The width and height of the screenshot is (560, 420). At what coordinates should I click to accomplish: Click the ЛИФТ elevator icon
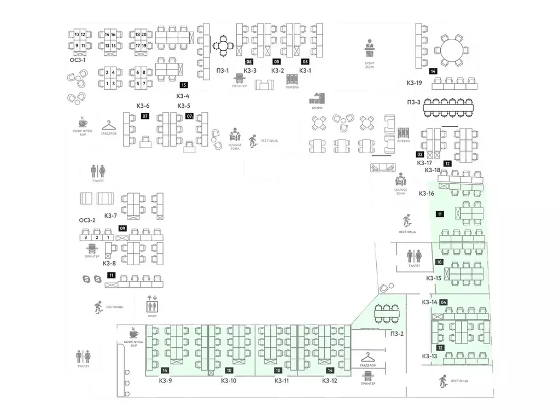tap(152, 301)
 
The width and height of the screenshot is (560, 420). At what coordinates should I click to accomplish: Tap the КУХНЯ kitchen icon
tap(317, 98)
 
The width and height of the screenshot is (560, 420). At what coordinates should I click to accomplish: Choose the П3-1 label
tap(223, 70)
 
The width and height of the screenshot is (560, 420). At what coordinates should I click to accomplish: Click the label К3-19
tap(415, 83)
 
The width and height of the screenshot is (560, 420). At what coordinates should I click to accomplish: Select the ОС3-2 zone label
tap(87, 220)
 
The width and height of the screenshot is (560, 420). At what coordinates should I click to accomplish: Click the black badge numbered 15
tap(184, 85)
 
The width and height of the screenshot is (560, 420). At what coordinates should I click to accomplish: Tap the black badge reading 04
tap(444, 302)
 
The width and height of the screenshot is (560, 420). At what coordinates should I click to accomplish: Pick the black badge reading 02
tap(421, 155)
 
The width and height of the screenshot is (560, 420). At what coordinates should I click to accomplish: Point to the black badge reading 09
tap(123, 228)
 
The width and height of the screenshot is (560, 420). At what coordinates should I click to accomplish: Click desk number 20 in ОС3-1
tap(144, 34)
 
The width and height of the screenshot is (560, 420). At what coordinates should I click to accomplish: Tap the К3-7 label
tap(110, 215)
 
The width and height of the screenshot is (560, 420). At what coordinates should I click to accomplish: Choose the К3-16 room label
tap(427, 193)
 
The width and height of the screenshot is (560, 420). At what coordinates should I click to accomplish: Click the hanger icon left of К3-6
tap(108, 125)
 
